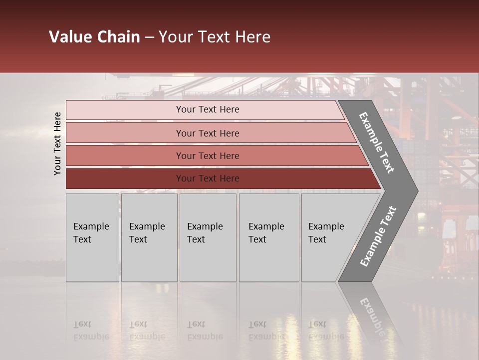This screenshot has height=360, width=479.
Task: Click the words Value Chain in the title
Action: [x=94, y=37]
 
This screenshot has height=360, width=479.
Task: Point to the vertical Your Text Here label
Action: [x=57, y=143]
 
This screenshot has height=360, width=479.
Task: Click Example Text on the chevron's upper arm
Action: [x=377, y=142]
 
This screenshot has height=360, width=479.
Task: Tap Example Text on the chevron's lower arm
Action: [x=378, y=236]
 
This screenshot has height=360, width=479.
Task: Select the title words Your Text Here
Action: [x=215, y=37]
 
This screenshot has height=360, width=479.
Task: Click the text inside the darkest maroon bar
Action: [x=208, y=178]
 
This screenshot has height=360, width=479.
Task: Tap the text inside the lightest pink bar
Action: [x=208, y=109]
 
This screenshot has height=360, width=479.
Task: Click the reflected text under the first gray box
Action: [x=91, y=330]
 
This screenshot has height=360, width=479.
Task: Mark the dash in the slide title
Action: [x=149, y=37]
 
